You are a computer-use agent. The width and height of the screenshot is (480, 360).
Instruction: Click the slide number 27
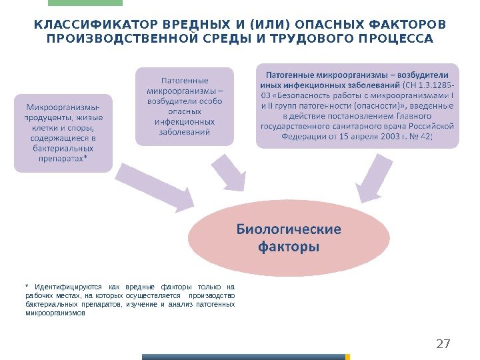point(442,344)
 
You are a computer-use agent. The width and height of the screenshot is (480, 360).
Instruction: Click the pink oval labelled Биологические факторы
point(288,239)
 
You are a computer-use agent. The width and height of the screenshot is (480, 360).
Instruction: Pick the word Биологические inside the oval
point(288,229)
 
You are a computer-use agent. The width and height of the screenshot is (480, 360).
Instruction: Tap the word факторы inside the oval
point(288,247)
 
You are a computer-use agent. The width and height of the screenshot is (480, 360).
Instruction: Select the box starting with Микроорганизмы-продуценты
point(63,133)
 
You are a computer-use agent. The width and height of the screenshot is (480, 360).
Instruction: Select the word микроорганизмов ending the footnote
point(55,313)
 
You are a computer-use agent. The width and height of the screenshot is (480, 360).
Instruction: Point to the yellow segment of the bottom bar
point(347,357)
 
